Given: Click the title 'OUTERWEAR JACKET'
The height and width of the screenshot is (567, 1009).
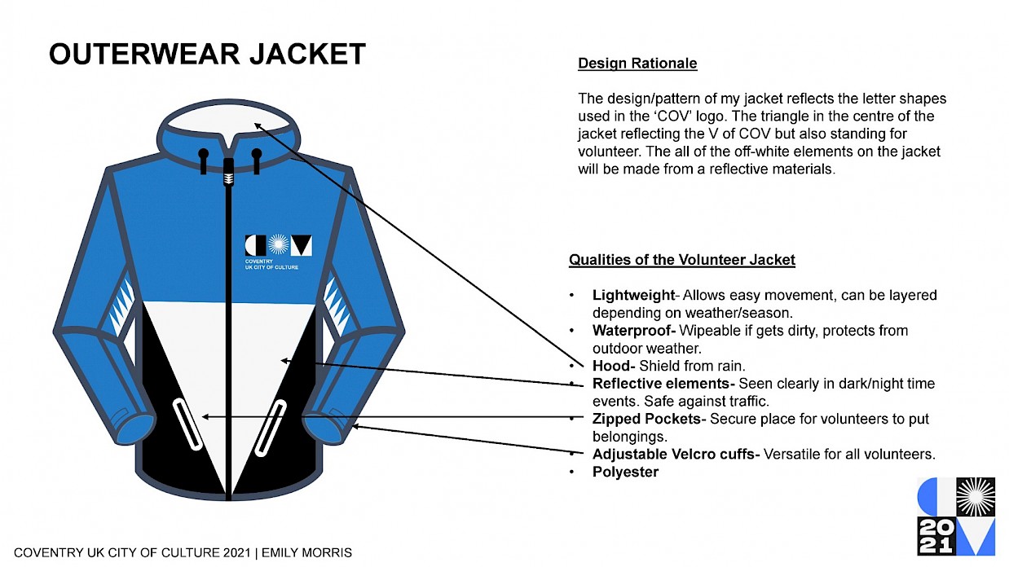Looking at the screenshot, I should click(207, 55).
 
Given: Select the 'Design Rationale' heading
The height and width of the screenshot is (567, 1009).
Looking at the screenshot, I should click(637, 64).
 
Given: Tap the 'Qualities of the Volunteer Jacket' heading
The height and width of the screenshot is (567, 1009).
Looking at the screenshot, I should click(681, 261).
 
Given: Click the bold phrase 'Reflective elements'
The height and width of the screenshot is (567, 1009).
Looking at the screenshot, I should click(662, 384).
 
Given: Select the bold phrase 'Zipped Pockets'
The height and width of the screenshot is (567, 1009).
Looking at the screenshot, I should click(646, 419).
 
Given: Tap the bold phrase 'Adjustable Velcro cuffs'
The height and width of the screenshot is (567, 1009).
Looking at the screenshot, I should click(676, 454).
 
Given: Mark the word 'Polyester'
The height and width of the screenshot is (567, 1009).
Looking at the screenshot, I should click(625, 472).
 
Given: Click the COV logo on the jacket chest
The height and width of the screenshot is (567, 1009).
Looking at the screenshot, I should click(278, 245).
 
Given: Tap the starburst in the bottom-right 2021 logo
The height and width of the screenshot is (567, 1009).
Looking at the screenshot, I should click(975, 496).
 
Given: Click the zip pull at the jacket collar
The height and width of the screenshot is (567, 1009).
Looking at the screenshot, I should click(228, 170).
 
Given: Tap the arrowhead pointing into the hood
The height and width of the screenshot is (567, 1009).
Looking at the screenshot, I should click(257, 125).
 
